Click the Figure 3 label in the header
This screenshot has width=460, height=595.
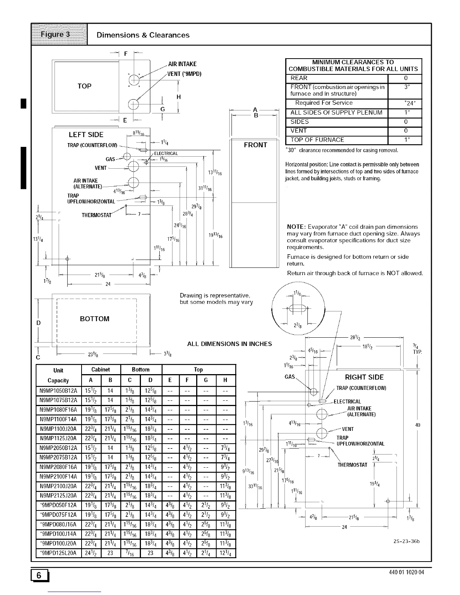pos(59,35)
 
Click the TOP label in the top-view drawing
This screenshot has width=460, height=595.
pos(85,86)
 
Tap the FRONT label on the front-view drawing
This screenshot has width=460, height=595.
pos(255,145)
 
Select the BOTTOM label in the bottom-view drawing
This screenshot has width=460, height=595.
pos(95,319)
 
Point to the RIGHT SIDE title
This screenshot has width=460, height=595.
pos(364,377)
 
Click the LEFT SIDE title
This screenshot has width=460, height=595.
pos(86,135)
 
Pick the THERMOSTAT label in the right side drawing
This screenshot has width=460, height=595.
pos(352,465)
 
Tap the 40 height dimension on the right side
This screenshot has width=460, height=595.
pos(417,425)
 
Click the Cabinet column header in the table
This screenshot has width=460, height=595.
pos(101,370)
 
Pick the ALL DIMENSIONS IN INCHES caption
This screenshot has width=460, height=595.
pos(229,344)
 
